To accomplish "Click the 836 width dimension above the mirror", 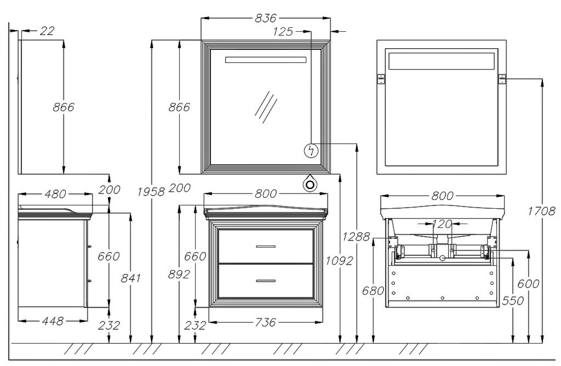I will click(x=266, y=18).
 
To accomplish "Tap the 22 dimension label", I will click(x=48, y=31).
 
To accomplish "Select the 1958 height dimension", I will click(x=151, y=191).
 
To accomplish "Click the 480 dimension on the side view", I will click(x=55, y=194).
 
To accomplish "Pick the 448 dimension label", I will click(x=53, y=321).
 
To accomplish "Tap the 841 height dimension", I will click(x=130, y=278).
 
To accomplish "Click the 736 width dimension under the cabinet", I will click(x=265, y=323).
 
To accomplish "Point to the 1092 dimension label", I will click(x=340, y=261).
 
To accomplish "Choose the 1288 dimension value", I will click(x=356, y=237).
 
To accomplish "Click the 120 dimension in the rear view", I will click(x=442, y=224).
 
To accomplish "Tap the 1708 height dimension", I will click(x=542, y=211).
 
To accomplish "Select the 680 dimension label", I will click(x=373, y=291).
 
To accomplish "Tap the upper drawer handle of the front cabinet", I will click(x=265, y=247).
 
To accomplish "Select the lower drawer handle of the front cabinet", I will click(x=265, y=281).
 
